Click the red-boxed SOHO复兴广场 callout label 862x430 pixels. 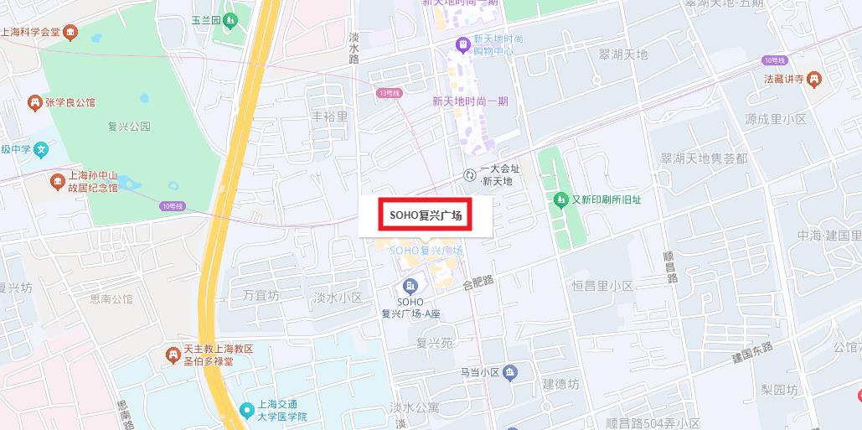click(x=425, y=215)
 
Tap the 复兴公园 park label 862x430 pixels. click(x=129, y=127)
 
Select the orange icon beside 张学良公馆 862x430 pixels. click(x=34, y=103)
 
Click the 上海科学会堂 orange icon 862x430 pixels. click(x=71, y=33)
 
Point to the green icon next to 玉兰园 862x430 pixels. click(x=230, y=19)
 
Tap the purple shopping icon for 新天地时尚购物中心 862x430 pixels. click(x=461, y=43)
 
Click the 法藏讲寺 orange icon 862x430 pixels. click(x=814, y=80)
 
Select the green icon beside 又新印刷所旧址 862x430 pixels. click(x=560, y=199)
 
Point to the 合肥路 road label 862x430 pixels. click(x=478, y=283)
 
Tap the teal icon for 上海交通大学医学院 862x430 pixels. click(x=246, y=410)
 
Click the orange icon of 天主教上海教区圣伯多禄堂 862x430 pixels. click(x=173, y=355)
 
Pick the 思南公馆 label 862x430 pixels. click(x=111, y=298)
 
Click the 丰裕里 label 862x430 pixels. click(x=329, y=117)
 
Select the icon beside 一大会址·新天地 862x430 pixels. click(x=469, y=174)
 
